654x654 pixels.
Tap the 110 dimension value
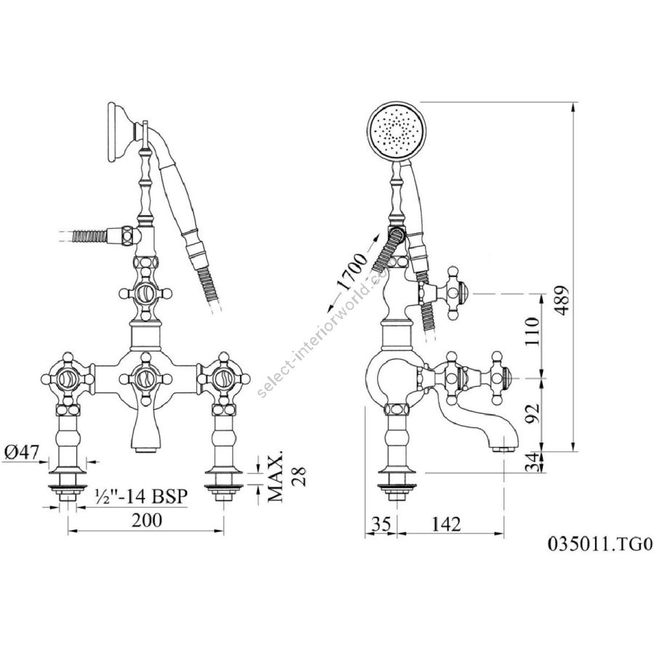[532, 331]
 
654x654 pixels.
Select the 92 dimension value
[532, 413]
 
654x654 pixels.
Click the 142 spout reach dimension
[446, 524]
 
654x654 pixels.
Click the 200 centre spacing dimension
[147, 520]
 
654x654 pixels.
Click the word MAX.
[275, 475]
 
